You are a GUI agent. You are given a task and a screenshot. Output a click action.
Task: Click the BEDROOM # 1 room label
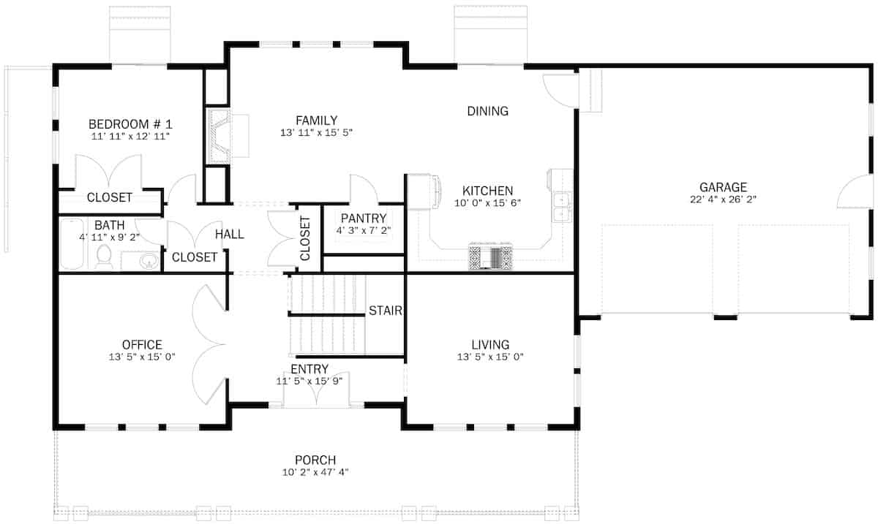point(130,124)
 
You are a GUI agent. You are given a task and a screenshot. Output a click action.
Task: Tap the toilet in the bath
point(104,257)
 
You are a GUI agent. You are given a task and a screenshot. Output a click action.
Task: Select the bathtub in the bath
point(72,245)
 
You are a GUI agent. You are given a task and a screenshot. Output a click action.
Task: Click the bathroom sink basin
point(149,260)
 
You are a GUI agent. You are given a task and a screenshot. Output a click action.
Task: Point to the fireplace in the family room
point(219,135)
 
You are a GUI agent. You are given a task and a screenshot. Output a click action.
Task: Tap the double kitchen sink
point(562,207)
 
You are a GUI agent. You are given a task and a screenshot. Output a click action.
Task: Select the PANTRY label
point(364,218)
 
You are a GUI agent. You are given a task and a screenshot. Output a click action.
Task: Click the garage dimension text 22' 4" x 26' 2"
point(723,200)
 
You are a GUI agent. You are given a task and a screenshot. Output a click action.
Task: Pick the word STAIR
point(385,310)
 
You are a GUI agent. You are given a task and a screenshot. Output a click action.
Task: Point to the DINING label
point(487,111)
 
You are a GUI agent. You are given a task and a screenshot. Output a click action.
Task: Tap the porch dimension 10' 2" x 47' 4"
point(315,472)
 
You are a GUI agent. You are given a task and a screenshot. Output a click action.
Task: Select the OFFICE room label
point(142,344)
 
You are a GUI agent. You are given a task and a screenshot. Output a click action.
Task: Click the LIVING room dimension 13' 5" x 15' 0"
point(490,357)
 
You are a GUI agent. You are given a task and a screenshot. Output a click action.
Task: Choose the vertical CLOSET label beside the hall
point(305,238)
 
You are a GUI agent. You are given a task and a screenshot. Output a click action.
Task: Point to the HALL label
point(229,235)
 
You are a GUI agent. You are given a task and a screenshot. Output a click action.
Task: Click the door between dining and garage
point(561,90)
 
